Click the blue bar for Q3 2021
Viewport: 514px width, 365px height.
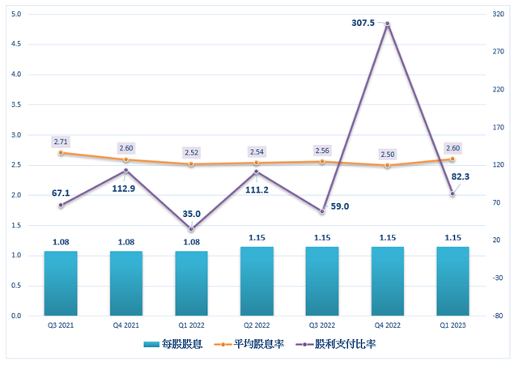coord(61,283)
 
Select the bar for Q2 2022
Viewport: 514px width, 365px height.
coord(257,281)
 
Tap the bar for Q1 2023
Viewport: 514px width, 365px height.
coord(452,281)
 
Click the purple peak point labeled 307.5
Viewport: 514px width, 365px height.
coord(388,24)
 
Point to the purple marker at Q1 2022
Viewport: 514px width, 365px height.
coord(192,229)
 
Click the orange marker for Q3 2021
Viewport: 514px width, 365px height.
coord(61,152)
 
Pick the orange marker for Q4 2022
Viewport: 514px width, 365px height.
coord(388,165)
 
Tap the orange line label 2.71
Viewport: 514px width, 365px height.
coord(61,142)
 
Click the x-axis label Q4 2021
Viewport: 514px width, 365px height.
coord(126,325)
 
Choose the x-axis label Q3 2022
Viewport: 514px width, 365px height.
coord(322,325)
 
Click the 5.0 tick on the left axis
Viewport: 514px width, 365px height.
coord(17,14)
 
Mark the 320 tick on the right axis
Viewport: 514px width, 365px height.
coord(496,14)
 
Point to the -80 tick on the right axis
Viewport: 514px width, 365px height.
coord(496,316)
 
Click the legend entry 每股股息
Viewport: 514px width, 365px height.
coord(176,344)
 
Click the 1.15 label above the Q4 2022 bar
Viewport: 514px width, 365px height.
coord(388,237)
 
